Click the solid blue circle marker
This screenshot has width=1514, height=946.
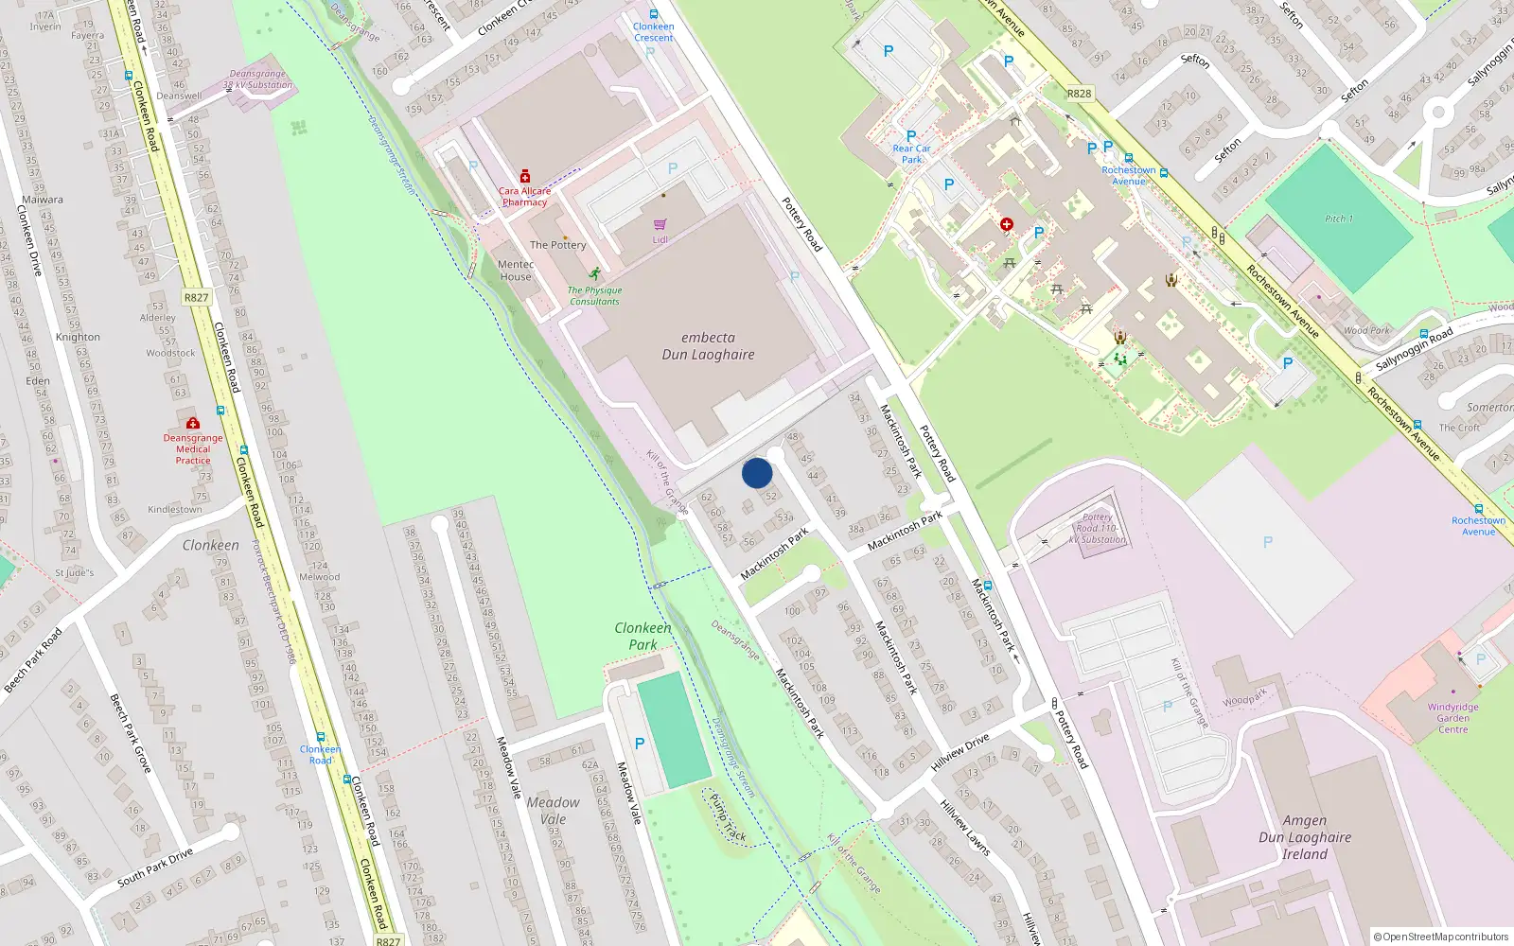[x=757, y=473]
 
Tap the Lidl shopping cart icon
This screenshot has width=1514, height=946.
[x=660, y=224]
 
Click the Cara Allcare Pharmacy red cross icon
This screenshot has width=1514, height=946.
[x=525, y=177]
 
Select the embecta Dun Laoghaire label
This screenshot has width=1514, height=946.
[x=708, y=346]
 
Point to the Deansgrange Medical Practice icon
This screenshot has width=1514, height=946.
[x=193, y=423]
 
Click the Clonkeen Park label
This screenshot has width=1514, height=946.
[x=643, y=636]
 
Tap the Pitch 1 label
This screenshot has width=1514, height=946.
[x=1339, y=219]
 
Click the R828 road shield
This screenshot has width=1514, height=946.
[x=1079, y=94]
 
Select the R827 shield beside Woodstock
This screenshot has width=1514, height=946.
[x=196, y=297]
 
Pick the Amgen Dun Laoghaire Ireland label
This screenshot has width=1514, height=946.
[x=1305, y=837]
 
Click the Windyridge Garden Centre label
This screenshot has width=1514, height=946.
[x=1452, y=718]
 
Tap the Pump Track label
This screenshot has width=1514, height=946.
[x=729, y=817]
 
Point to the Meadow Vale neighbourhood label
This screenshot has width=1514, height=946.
[x=553, y=811]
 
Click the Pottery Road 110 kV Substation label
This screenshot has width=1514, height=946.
[x=1098, y=528]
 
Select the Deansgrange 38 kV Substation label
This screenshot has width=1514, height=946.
[x=257, y=79]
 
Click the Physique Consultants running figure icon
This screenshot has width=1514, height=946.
[x=594, y=274]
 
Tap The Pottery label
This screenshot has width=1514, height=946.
[x=558, y=245]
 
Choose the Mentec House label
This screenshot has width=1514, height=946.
[x=516, y=271]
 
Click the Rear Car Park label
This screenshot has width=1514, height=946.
[x=911, y=154]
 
